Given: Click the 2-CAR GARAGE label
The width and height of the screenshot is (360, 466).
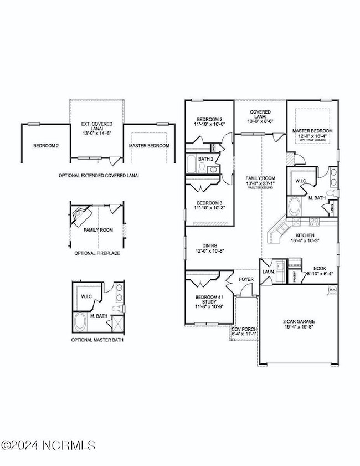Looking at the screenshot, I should tap(298, 321).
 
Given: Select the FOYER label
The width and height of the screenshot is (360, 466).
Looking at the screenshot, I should tap(246, 280).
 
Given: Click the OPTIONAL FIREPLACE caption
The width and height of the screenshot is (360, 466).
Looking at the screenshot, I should tap(97, 253).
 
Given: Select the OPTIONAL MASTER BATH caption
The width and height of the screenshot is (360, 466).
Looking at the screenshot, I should tap(97, 340).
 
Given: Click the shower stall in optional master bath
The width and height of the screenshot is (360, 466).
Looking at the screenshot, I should tap(117, 323).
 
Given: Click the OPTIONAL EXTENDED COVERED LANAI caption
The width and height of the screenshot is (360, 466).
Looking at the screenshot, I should tap(99, 175).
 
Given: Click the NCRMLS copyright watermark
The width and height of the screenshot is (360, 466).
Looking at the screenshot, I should tap(49, 445).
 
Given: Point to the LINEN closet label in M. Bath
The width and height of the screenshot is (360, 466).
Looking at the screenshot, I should tap(331, 209).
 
